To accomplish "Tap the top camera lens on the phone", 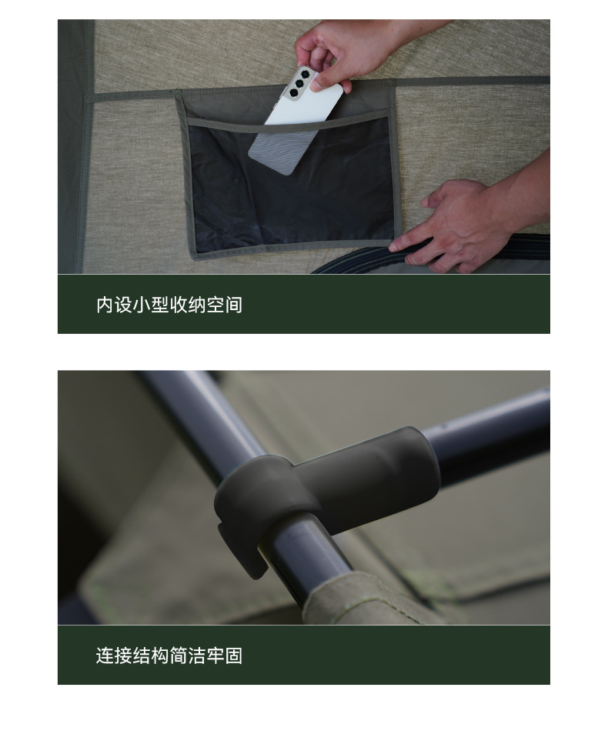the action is [x=306, y=74].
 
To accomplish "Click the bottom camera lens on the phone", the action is [x=293, y=92].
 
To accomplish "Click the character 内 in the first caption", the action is [x=105, y=305].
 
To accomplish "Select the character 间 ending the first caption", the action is [x=233, y=305].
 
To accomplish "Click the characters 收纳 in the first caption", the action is [x=187, y=305].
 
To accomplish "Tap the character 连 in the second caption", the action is [x=105, y=656].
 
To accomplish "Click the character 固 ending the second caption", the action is [x=233, y=656].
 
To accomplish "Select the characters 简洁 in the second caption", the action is [x=187, y=656].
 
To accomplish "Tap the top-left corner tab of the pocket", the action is [x=179, y=95].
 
